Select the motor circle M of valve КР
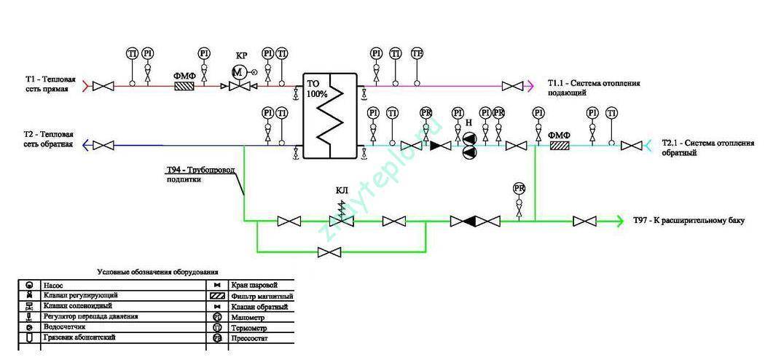[238, 71]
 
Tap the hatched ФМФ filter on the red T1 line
[184, 87]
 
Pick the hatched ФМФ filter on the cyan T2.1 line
[560, 146]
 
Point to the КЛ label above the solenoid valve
[342, 191]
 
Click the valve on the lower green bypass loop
[331, 252]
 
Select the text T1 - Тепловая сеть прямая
[47, 83]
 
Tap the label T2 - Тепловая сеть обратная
[48, 140]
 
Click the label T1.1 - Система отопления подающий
[594, 87]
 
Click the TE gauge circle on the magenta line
[417, 53]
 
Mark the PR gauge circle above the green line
[519, 188]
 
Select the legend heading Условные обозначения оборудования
[158, 271]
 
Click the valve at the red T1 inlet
[106, 87]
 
